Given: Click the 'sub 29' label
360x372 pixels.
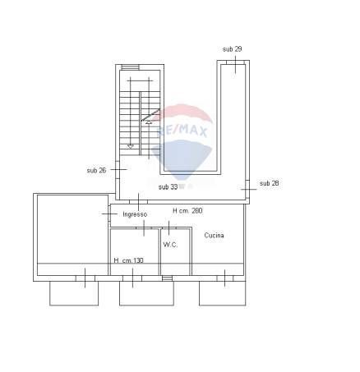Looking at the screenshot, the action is (232, 49).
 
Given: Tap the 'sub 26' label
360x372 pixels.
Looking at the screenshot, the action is (96, 170).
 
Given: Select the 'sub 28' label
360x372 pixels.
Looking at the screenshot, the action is (270, 183).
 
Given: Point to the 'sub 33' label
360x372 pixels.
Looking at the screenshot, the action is (168, 187).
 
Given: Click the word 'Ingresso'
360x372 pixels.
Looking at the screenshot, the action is (135, 214).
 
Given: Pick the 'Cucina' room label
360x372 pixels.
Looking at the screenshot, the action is (214, 235).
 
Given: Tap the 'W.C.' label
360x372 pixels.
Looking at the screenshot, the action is (170, 245).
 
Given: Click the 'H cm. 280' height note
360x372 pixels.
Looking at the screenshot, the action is (187, 210).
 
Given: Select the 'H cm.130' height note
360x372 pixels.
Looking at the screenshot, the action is (128, 260).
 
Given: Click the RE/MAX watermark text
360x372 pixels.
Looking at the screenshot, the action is (182, 131).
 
